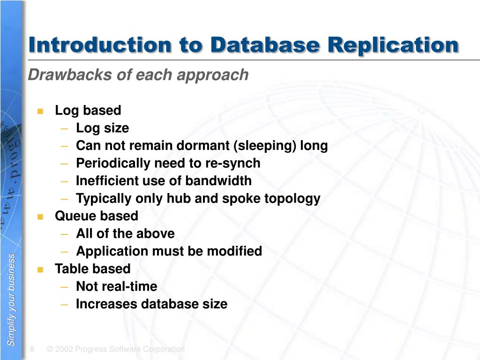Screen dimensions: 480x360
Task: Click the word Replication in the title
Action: pos(393,45)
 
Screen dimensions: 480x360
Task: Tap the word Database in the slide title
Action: pos(265,45)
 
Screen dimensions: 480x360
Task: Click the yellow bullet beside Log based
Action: pos(40,111)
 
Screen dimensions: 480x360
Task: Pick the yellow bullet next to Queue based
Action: pos(40,217)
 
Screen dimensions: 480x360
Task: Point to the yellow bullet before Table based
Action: pos(40,270)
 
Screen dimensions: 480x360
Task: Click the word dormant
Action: pos(203,146)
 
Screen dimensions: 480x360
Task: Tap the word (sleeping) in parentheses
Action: pos(265,146)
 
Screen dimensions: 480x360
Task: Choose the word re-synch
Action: pos(233,163)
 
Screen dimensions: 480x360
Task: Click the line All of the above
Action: pos(125,234)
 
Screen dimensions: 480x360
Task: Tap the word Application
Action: pos(112,251)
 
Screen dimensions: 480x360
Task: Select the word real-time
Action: pos(130,286)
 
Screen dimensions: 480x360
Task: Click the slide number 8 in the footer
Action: pos(32,349)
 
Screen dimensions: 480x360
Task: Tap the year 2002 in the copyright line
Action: pos(65,349)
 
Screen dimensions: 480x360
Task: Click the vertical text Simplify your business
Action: pos(12,300)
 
